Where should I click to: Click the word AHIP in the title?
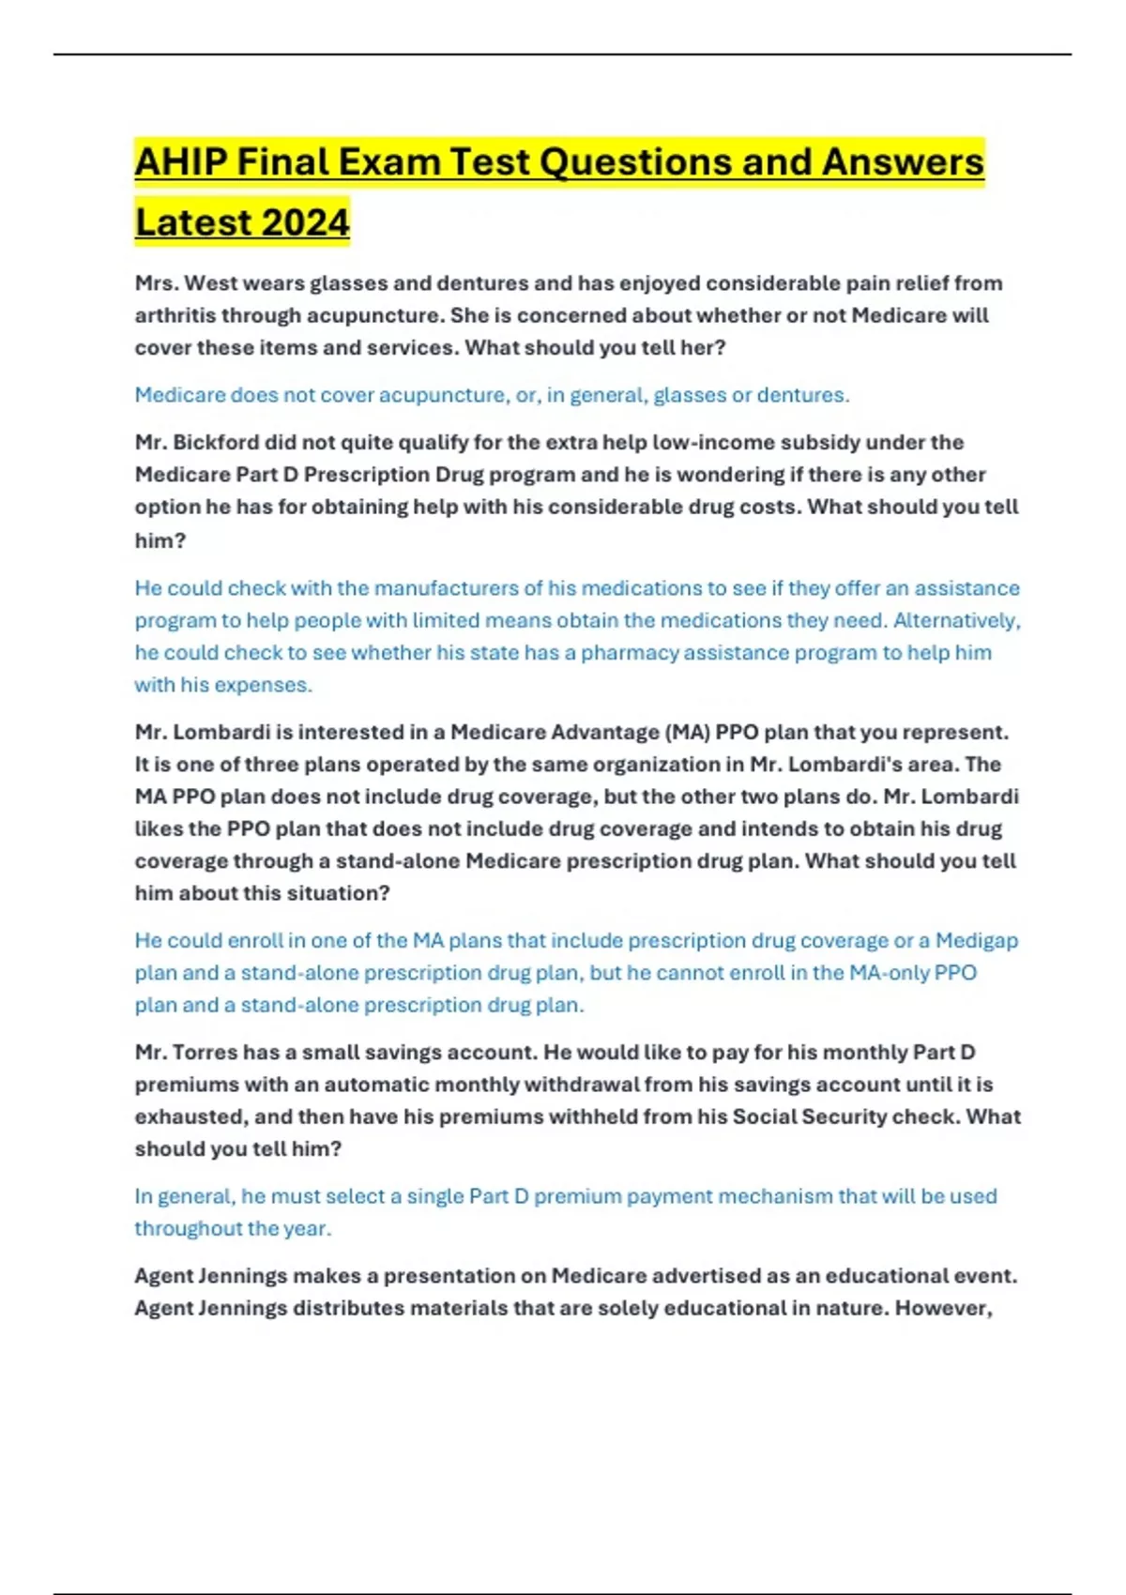tap(180, 162)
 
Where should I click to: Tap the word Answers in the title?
tap(903, 162)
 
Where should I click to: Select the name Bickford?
tap(220, 443)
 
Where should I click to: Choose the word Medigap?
tap(977, 940)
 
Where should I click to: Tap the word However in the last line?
tap(943, 1308)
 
